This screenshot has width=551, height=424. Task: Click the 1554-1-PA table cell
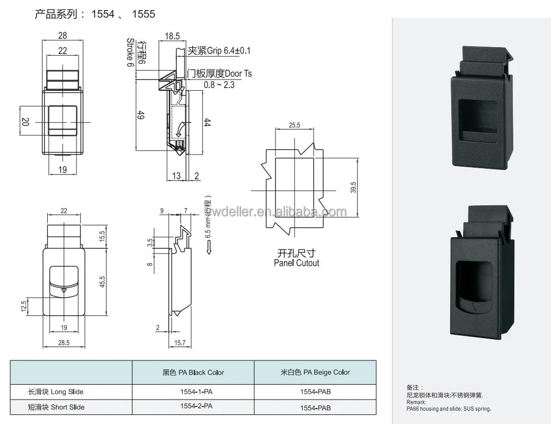click(x=193, y=392)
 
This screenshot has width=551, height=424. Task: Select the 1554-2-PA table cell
click(x=193, y=406)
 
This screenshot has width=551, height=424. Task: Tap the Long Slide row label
click(x=56, y=392)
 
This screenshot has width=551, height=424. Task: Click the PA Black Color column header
click(x=193, y=372)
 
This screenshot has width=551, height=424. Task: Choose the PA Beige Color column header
click(x=315, y=372)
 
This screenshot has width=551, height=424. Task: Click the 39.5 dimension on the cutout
click(x=354, y=187)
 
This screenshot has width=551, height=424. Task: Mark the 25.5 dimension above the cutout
click(x=295, y=125)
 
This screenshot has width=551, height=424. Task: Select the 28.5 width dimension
click(x=64, y=343)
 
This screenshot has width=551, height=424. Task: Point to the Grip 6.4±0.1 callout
click(x=219, y=51)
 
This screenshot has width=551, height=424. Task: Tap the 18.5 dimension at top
click(x=172, y=36)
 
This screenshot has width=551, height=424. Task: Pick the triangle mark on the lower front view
click(x=64, y=290)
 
